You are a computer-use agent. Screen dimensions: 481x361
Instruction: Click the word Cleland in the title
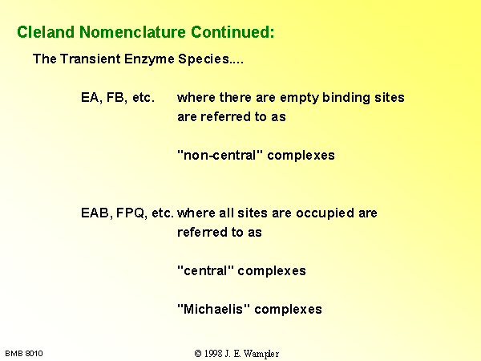coord(46,31)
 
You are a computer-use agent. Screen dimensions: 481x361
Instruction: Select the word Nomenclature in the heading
coord(132,31)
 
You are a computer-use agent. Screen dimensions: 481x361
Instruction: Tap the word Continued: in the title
coord(232,31)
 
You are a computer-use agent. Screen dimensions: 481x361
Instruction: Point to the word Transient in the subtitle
coord(90,59)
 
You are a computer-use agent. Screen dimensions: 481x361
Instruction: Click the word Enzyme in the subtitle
coord(149,59)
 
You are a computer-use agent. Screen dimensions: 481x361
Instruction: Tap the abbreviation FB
coord(116,98)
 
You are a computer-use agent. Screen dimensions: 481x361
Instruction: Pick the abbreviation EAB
coord(96,213)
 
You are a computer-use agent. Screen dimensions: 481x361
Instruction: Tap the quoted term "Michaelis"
coord(213,309)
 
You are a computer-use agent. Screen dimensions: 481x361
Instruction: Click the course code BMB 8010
coord(24,354)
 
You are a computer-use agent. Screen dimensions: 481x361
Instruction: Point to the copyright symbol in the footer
coord(198,354)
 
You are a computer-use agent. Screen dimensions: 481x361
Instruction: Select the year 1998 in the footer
coord(213,354)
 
